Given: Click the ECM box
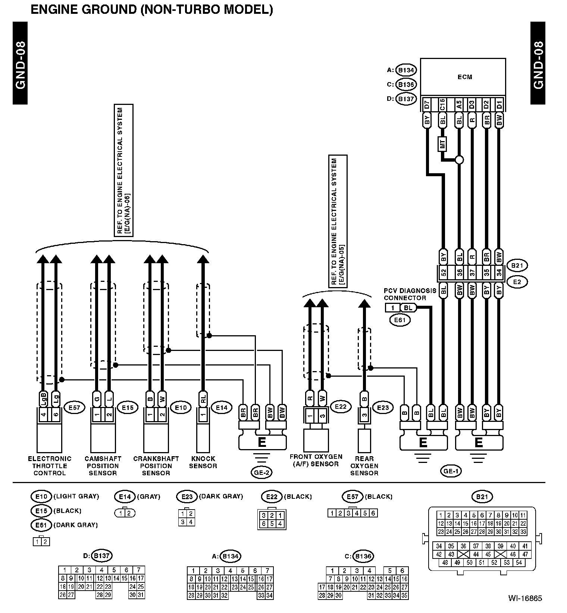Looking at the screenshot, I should pyautogui.click(x=463, y=77).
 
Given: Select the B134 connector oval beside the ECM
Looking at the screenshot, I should pyautogui.click(x=406, y=70).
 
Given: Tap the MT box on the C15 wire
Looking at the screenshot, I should pyautogui.click(x=443, y=144).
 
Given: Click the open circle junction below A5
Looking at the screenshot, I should pyautogui.click(x=459, y=160).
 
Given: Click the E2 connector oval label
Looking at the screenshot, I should pyautogui.click(x=517, y=282).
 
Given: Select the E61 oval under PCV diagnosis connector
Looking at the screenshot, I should pyautogui.click(x=400, y=320).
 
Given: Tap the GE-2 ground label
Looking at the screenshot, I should pyautogui.click(x=261, y=473).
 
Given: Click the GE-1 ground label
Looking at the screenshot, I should pyautogui.click(x=451, y=471).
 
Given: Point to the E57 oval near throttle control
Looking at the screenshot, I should pyautogui.click(x=74, y=408).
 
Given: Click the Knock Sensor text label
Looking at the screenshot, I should pyautogui.click(x=203, y=462).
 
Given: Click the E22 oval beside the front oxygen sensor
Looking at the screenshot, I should pyautogui.click(x=341, y=407).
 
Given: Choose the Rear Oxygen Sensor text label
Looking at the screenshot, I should pyautogui.click(x=364, y=466).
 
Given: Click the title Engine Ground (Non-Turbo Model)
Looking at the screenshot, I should pyautogui.click(x=151, y=9).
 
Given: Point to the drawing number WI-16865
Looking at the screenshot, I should pyautogui.click(x=525, y=598).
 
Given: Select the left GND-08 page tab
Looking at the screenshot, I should pyautogui.click(x=20, y=63).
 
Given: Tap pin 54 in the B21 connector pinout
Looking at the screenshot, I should pyautogui.click(x=519, y=563).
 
